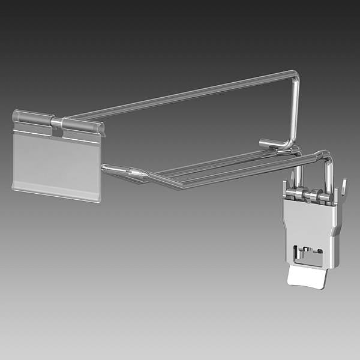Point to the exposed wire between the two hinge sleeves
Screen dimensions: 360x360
point(56,123)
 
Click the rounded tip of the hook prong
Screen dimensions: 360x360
point(104,168)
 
